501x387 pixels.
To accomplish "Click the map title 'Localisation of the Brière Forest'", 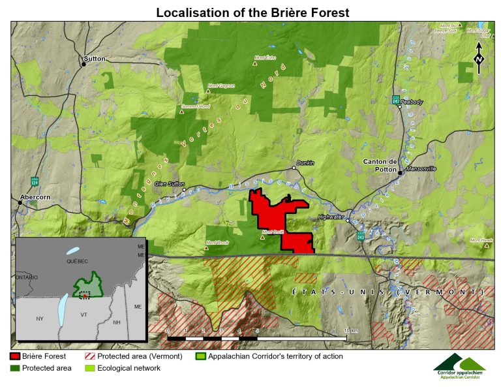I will point(252,12).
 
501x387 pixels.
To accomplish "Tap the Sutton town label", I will point(94,59).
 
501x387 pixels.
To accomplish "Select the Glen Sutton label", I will point(170,183).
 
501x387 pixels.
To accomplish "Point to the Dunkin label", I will point(305,163).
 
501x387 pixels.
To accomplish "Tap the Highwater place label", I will point(330,217).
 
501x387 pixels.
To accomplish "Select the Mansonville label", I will point(421,168).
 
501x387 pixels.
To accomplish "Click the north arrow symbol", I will point(479,58).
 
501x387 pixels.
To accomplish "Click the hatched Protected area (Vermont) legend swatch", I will point(90,356).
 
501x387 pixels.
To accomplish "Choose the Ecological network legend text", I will point(129,368).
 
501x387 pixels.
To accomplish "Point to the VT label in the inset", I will point(83,314).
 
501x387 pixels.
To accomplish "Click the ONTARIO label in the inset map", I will point(27,277).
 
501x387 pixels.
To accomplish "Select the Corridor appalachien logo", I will point(459,366).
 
